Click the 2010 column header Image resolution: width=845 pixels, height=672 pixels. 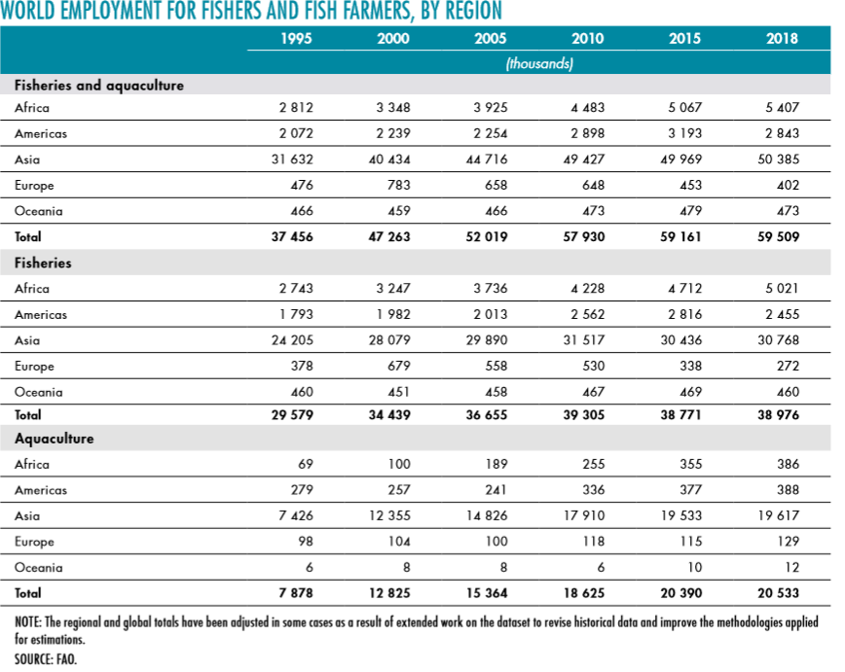coord(588,39)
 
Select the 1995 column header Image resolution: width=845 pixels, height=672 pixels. coord(296,39)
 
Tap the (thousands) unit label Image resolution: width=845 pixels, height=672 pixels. coord(539,63)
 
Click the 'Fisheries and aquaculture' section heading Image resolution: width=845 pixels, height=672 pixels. coord(99,86)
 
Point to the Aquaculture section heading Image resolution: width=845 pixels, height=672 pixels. coord(55,439)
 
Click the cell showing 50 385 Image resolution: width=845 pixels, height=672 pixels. coord(777,159)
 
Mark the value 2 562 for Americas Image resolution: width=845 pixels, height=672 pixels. coord(585,315)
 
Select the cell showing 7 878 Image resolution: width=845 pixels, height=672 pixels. coord(294,591)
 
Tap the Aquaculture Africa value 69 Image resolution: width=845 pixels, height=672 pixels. coord(304,465)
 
